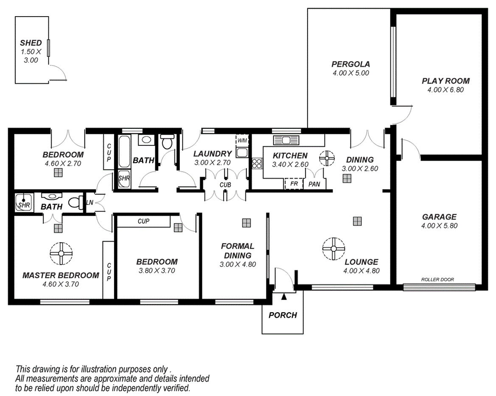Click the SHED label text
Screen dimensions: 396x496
pos(31,43)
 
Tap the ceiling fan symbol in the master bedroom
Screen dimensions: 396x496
pos(61,254)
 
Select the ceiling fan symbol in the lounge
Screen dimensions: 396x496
pos(333,248)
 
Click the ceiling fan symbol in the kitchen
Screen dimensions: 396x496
pos(327,158)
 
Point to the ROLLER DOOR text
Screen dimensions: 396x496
pos(437,280)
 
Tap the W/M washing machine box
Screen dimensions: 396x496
pos(242,140)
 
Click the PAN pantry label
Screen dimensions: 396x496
pos(314,184)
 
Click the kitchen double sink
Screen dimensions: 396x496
pos(287,140)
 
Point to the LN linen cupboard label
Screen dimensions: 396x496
pos(90,203)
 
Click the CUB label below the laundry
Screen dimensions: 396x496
pos(224,185)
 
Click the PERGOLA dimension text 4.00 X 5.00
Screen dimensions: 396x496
pos(350,73)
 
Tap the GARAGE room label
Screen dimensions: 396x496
pos(439,217)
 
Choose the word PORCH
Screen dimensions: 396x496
pos(283,315)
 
